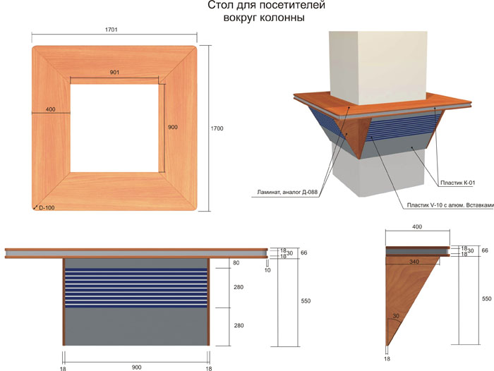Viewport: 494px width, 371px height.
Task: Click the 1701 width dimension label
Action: click(x=112, y=30)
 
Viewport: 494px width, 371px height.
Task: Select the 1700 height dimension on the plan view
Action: click(x=217, y=128)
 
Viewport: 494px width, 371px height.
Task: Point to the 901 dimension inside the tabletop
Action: click(x=114, y=73)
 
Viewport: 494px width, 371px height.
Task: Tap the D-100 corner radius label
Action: click(x=47, y=208)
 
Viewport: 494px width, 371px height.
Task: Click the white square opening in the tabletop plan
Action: click(x=114, y=128)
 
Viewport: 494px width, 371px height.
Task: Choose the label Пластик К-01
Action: click(x=457, y=183)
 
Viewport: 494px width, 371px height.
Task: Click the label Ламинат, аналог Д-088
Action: click(x=287, y=191)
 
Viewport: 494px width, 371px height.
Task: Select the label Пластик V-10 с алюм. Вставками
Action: click(x=450, y=205)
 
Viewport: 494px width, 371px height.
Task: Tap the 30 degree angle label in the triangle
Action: click(x=396, y=316)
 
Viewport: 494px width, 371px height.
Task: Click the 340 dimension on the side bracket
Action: click(x=414, y=262)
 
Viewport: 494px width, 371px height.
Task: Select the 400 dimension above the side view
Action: click(x=417, y=226)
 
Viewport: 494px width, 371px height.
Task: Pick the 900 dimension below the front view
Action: click(x=136, y=367)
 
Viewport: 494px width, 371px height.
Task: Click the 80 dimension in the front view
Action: click(x=236, y=262)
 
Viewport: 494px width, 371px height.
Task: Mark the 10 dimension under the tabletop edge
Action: click(x=267, y=270)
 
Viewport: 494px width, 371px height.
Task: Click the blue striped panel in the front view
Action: click(x=136, y=288)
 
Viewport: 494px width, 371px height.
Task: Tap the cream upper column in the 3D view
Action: click(x=378, y=68)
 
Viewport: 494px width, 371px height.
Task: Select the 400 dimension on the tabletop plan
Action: click(x=50, y=109)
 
